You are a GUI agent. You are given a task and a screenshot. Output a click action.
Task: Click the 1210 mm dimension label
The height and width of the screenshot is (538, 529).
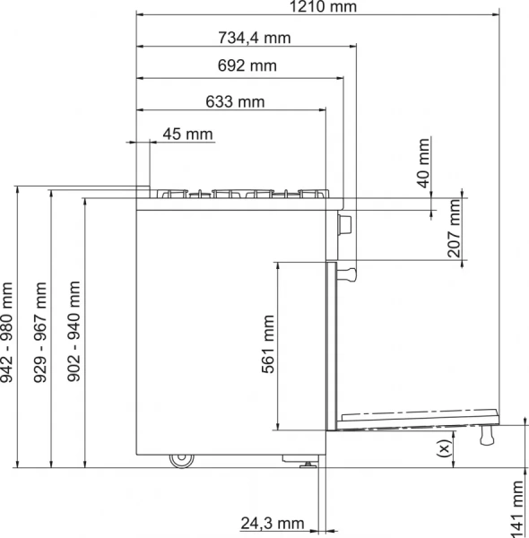tap(318, 9)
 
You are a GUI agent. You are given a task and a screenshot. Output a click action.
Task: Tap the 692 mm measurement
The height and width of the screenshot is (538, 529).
tap(247, 65)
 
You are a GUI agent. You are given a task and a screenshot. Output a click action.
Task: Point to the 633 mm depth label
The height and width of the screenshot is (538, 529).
tap(235, 101)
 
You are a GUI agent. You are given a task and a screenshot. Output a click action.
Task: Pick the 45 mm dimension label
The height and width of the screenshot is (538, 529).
tap(187, 134)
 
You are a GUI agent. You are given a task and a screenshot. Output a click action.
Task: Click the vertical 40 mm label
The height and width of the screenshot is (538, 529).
tap(424, 163)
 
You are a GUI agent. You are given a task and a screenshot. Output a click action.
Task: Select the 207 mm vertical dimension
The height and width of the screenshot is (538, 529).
tap(455, 229)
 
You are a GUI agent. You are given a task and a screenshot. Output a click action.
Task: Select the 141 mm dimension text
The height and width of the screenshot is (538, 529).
tap(518, 508)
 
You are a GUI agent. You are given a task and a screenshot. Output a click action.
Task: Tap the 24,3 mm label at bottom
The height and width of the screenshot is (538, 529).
tap(273, 524)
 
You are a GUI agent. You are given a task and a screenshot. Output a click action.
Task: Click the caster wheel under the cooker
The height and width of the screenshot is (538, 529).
tap(182, 461)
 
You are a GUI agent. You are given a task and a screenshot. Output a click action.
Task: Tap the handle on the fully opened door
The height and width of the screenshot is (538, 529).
tap(489, 436)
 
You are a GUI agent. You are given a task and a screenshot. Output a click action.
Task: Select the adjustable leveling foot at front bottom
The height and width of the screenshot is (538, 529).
tap(306, 463)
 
